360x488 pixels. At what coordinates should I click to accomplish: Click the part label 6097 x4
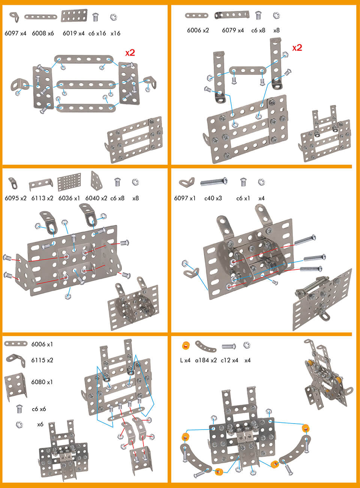(15, 33)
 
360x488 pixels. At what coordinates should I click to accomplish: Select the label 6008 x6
(43, 33)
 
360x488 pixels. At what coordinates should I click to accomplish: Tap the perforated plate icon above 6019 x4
(74, 16)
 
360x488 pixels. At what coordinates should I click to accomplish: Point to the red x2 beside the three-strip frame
(130, 53)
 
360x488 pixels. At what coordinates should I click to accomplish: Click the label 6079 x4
(232, 30)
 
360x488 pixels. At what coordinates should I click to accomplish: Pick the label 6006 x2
(198, 30)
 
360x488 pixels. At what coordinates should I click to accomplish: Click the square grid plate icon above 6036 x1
(69, 183)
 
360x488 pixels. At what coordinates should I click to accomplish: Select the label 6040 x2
(96, 198)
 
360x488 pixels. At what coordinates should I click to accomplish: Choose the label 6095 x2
(15, 198)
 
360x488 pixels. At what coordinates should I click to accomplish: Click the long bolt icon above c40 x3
(213, 182)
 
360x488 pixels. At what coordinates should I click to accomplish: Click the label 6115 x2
(42, 360)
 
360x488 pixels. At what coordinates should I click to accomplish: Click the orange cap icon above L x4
(185, 345)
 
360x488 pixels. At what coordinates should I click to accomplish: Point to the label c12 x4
(229, 360)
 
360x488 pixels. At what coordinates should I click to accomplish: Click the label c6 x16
(97, 33)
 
